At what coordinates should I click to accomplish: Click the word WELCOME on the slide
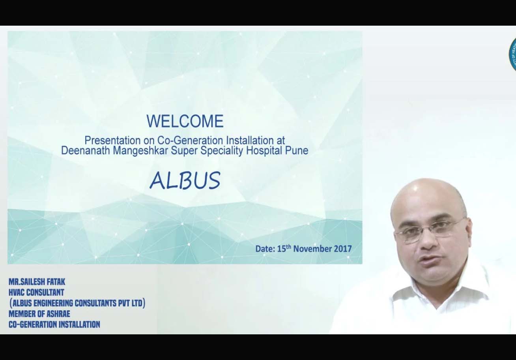coord(185,121)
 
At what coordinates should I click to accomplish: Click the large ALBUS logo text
coord(185,181)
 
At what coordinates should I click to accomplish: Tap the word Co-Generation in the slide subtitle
coord(190,140)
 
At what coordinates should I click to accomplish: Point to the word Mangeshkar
coord(140,151)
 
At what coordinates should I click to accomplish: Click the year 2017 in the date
coord(343,249)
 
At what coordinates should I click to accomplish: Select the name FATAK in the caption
coord(56,281)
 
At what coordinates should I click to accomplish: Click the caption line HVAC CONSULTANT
coord(36,292)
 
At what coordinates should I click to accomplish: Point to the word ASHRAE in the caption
coord(58,314)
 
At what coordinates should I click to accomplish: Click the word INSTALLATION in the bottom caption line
coord(79,324)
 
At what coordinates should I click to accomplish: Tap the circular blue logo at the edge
coord(512,54)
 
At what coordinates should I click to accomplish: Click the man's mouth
coord(430,260)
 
